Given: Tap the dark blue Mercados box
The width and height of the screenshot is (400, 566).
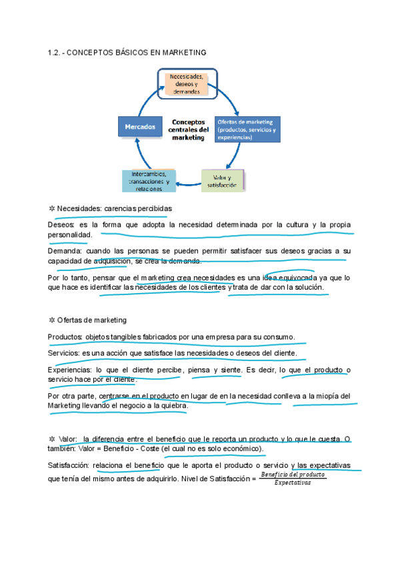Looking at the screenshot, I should click(x=140, y=126).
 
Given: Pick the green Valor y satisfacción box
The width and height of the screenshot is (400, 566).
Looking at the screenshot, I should click(x=222, y=181).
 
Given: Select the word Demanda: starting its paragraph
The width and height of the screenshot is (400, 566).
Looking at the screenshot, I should click(x=65, y=251).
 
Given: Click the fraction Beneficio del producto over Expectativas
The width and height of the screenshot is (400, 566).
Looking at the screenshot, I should click(x=293, y=478).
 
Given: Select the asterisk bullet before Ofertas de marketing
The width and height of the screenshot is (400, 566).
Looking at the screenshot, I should click(x=51, y=320).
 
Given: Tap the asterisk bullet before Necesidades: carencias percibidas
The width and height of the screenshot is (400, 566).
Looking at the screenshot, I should click(x=51, y=208).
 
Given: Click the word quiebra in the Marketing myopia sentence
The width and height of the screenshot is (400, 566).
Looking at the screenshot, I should click(x=175, y=405).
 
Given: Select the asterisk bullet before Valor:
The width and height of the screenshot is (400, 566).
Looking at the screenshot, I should click(x=51, y=439).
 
